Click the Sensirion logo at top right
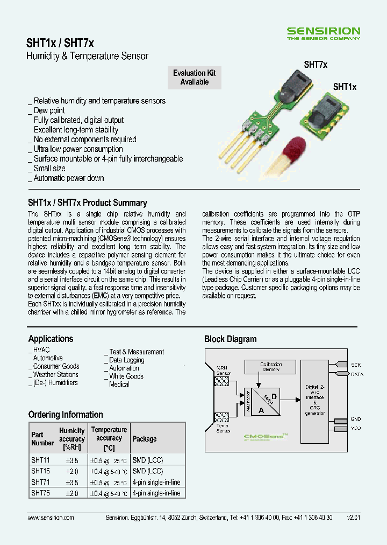coord(323,33)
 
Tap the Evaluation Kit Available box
coord(194,78)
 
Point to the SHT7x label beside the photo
coord(316,64)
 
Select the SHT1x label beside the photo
coord(345,86)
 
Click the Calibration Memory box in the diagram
coord(271,367)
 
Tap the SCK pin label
coord(356,365)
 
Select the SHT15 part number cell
coord(40,471)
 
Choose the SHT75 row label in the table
coord(40,493)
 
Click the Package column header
coord(145,439)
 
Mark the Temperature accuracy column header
coord(109,438)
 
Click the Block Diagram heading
coord(230,339)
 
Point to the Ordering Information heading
coord(66,415)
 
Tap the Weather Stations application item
coord(55,375)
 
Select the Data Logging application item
coord(126,360)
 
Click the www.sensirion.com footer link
coord(51,518)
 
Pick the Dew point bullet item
coord(49,110)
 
